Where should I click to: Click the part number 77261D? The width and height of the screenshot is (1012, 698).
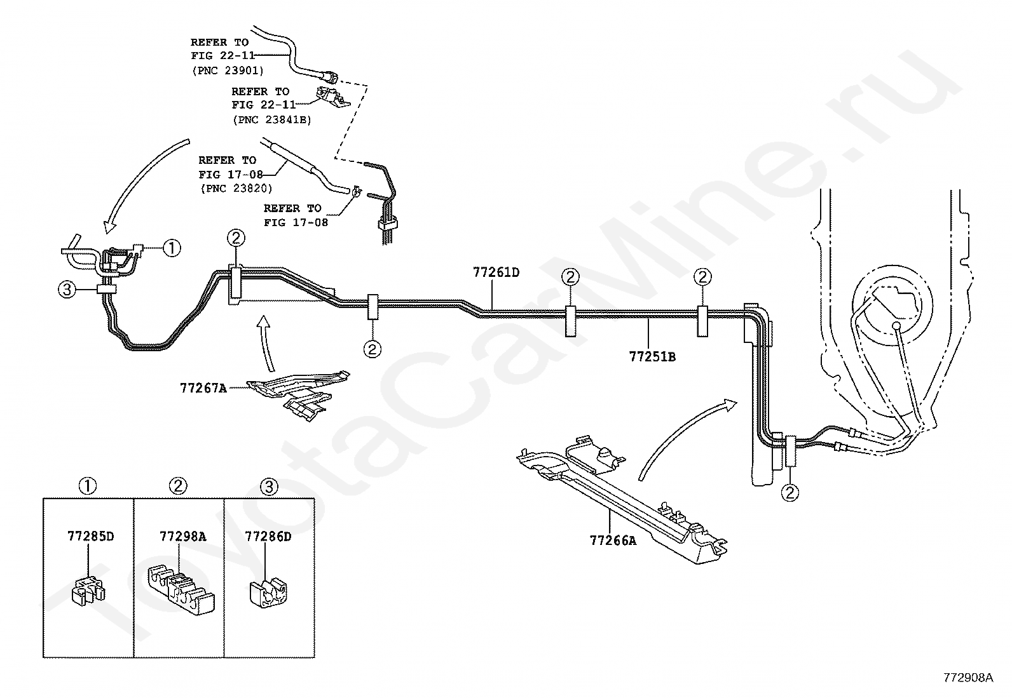[496, 272]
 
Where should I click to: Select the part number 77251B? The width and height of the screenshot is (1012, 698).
[652, 357]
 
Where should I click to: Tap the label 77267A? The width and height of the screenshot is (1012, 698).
[203, 387]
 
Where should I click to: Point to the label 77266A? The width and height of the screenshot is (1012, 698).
[613, 540]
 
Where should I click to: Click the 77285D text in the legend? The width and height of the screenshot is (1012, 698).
[90, 536]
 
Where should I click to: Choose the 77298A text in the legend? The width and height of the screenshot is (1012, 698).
[182, 536]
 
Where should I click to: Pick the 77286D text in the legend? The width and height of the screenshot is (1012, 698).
[268, 537]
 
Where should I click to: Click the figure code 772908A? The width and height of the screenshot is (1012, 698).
[968, 678]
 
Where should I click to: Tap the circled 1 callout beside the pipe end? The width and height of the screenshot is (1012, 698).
[172, 248]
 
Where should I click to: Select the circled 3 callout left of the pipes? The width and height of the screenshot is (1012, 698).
[67, 290]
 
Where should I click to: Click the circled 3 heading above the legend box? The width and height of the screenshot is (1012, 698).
[269, 487]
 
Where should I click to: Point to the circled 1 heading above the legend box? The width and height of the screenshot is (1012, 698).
[88, 487]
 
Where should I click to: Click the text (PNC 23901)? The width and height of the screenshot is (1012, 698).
[228, 70]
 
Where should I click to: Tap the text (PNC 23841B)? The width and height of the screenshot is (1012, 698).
[271, 119]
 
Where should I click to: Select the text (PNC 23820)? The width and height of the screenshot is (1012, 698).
[235, 189]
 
